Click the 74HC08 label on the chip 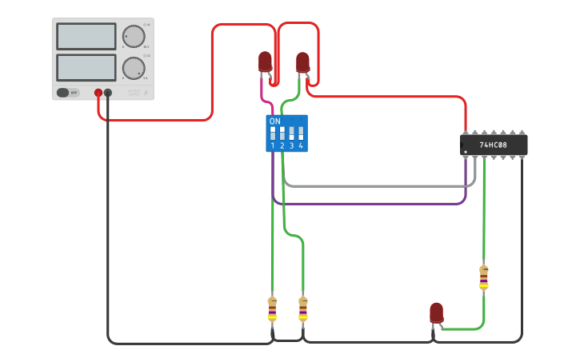coord(493,145)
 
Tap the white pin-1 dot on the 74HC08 coord(466,151)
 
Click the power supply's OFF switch coord(69,93)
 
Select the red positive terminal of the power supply coord(98,93)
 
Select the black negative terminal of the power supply coord(108,93)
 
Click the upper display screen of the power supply coord(86,36)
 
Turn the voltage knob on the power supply coord(133,36)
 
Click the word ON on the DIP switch coord(275,121)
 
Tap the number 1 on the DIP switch coord(273,145)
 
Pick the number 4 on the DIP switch coord(301,145)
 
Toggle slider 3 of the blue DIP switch coord(291,133)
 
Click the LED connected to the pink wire coord(265,62)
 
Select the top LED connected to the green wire coord(302,62)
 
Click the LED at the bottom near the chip coord(436,312)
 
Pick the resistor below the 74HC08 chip coord(483,277)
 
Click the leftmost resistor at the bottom coord(272,308)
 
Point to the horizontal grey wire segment coord(376,185)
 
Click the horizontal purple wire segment coord(368,204)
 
